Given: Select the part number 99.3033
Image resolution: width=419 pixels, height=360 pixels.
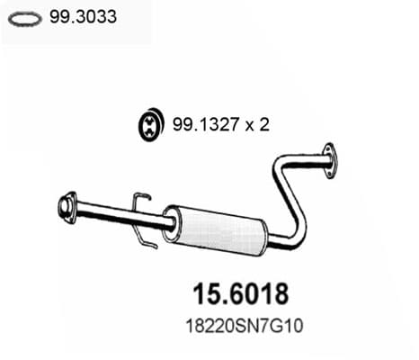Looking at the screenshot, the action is point(83,16).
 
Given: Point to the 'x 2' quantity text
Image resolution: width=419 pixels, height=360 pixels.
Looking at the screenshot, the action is point(257,124).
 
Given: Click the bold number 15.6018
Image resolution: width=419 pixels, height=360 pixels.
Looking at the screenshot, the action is point(241,294).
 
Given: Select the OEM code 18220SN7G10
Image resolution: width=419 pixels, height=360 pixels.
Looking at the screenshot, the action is point(245,326).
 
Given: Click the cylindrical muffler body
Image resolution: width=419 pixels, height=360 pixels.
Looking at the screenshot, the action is point(214,230).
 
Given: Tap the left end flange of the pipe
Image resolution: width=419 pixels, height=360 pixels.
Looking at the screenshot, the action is point(67,207).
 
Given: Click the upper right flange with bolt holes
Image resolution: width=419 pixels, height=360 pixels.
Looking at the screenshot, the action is point(329,161).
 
